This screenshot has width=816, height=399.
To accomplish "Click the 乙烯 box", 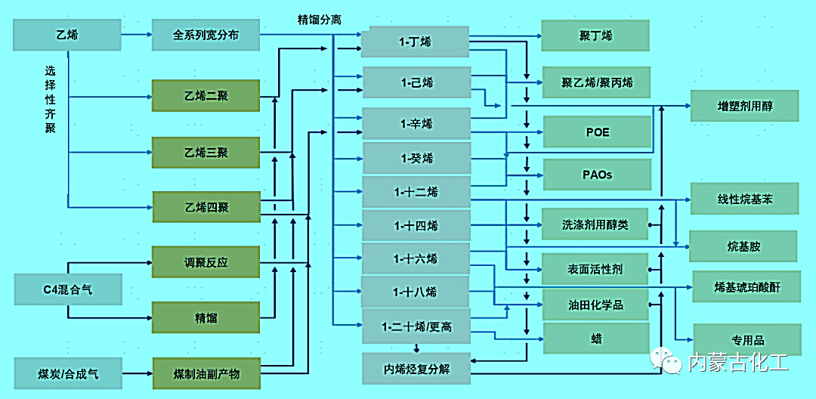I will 66,35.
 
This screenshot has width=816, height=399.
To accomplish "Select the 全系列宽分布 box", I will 206,35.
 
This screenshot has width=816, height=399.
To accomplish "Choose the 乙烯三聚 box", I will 206,152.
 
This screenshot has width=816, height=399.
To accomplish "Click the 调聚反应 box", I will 206,263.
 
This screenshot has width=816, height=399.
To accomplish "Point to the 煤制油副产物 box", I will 207,373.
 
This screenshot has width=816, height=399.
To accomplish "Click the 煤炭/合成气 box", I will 66,373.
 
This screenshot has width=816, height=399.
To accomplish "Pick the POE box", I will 597,132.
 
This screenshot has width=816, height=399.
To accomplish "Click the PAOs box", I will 597,175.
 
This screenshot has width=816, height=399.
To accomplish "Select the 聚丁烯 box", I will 595,36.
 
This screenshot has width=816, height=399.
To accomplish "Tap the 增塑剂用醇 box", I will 744,106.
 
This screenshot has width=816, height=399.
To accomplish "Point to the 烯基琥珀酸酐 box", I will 746,287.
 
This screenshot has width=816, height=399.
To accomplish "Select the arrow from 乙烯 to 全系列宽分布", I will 136,34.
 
